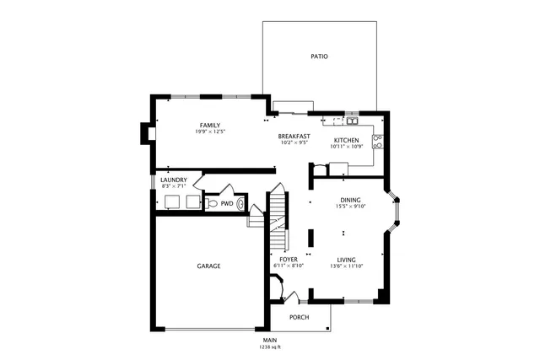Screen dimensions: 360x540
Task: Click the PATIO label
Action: coord(318,56)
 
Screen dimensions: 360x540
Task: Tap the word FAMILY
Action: coord(210,126)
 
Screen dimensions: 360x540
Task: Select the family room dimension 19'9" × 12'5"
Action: coord(210,132)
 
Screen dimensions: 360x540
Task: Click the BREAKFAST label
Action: coord(294,137)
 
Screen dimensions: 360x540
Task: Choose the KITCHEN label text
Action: coord(347,140)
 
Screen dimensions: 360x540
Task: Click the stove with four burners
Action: coord(378,141)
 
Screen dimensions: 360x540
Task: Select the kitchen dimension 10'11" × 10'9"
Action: coord(347,147)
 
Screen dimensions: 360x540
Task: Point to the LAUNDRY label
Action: coord(174,179)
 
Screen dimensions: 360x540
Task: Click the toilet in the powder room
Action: coord(212,204)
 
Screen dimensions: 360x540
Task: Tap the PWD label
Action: coord(227,204)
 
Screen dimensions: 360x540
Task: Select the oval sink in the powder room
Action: coord(241,203)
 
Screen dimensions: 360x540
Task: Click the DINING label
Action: coord(350,200)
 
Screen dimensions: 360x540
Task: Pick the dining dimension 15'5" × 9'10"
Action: coord(350,207)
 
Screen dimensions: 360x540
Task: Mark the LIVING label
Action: coord(347,260)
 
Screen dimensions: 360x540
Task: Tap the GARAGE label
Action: coord(208,266)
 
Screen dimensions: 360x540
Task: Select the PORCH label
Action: coord(299,317)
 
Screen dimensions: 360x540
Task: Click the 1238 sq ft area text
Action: coord(270,347)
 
